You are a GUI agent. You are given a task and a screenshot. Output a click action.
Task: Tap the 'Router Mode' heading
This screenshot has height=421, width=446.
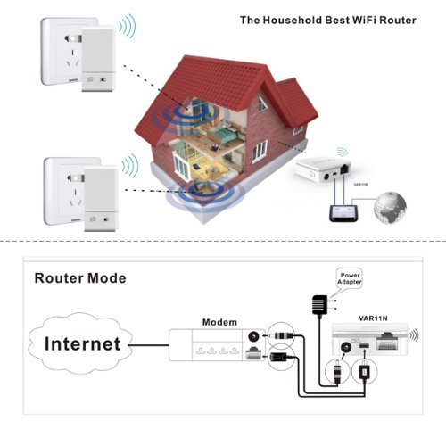click(80, 277)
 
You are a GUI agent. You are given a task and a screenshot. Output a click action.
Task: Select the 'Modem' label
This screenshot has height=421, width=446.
click(219, 320)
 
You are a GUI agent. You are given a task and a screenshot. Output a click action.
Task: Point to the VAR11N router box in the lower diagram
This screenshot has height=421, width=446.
click(373, 343)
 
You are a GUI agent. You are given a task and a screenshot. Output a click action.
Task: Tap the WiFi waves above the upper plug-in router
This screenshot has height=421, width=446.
click(128, 28)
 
